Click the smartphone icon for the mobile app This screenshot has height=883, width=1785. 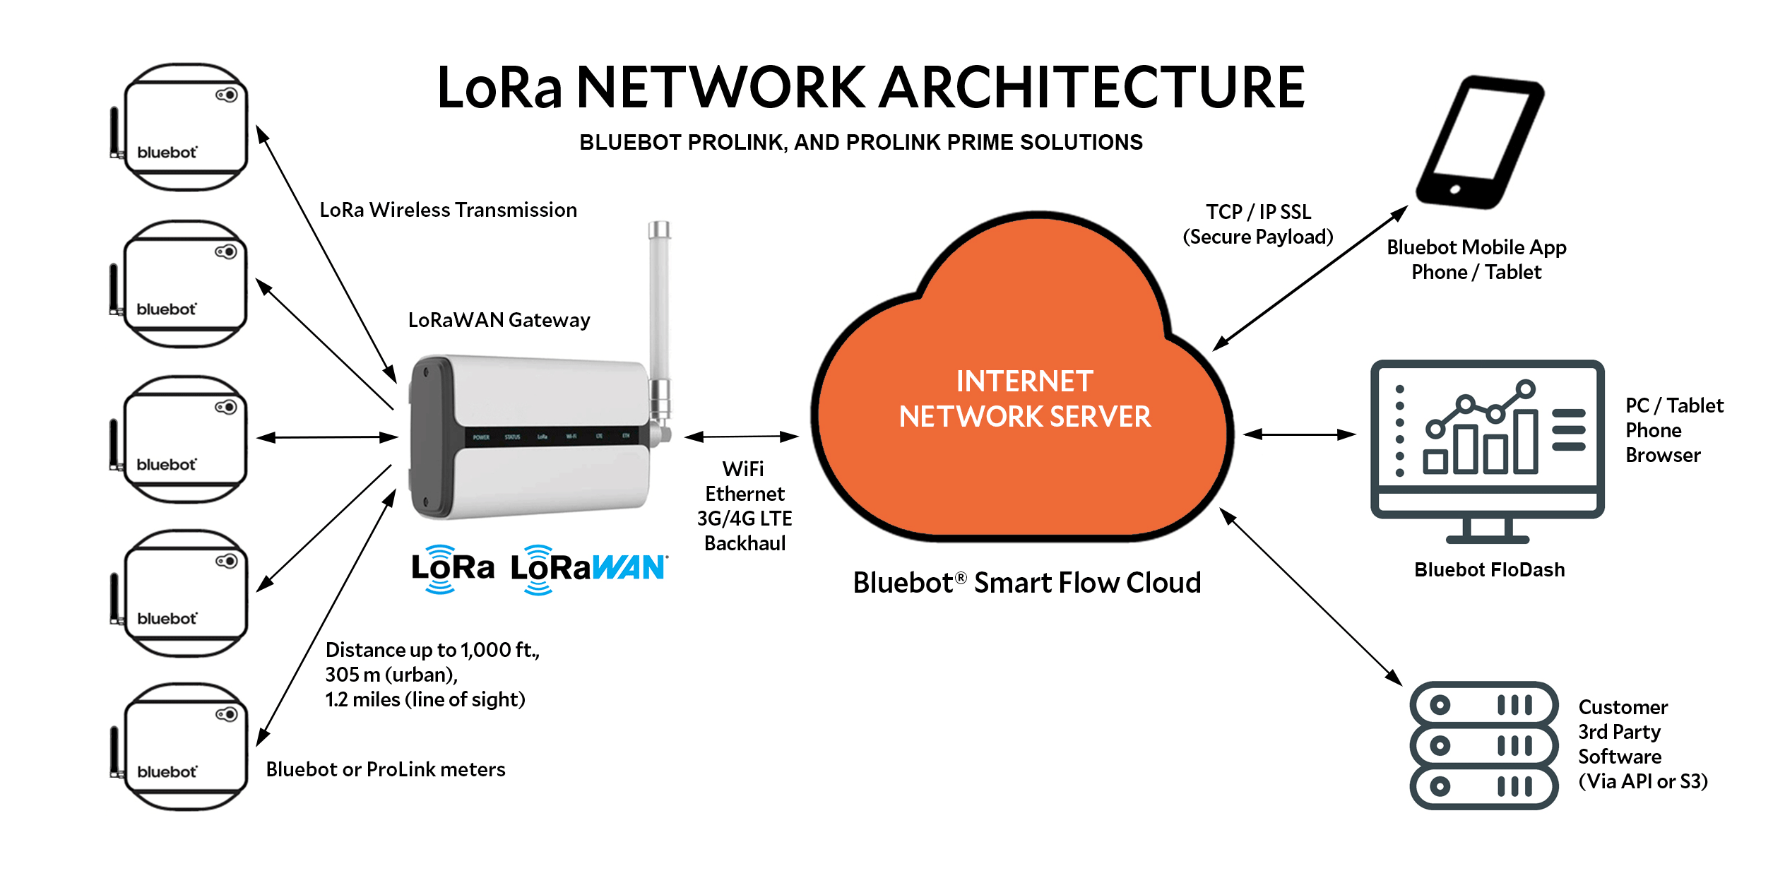(1481, 141)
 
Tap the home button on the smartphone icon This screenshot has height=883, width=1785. (1455, 189)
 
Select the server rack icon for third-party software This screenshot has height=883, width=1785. (1484, 745)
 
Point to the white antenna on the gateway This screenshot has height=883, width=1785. (659, 297)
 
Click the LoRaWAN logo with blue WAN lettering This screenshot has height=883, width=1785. (588, 569)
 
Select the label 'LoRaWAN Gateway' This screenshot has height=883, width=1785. (499, 320)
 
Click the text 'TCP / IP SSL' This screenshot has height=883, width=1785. (1258, 212)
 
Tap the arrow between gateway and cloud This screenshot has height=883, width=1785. (741, 437)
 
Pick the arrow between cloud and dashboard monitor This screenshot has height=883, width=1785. (1299, 434)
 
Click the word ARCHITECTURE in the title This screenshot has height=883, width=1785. (1092, 88)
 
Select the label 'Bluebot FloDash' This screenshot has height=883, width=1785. (1489, 569)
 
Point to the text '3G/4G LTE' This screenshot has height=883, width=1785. (745, 518)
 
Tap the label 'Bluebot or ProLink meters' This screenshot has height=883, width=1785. (386, 769)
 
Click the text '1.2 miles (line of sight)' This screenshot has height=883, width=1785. (425, 699)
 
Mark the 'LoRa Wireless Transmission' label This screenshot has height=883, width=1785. (448, 210)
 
